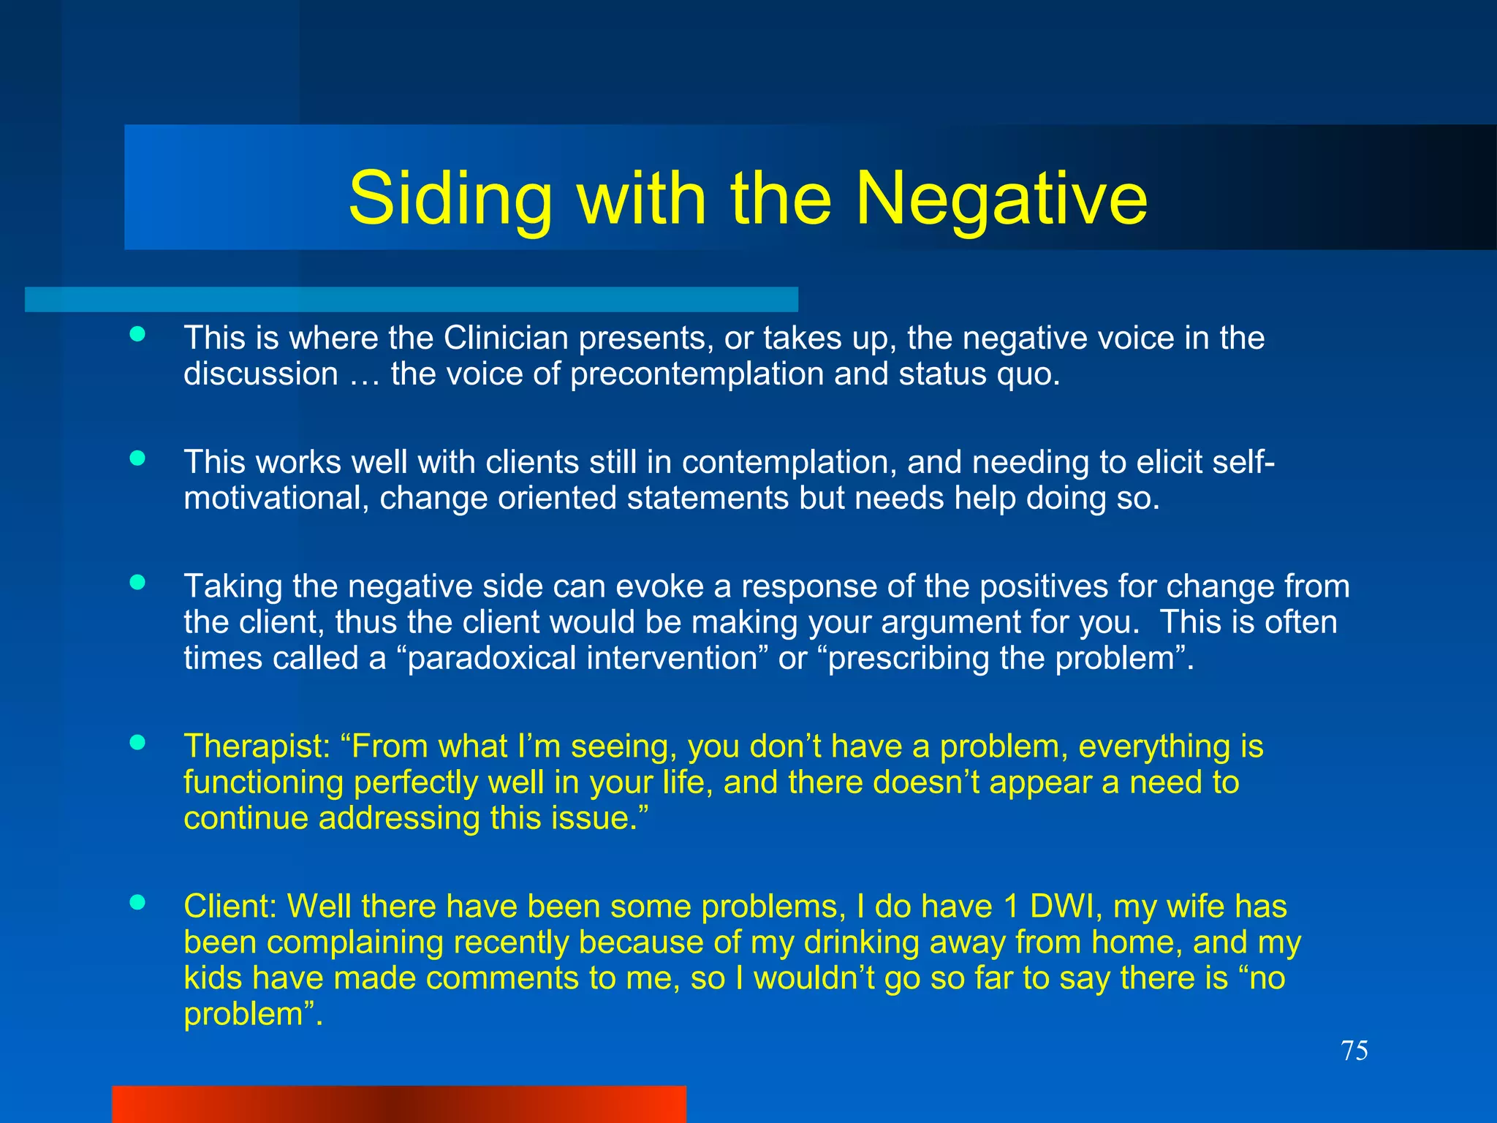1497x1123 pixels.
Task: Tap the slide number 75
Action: [x=1354, y=1051]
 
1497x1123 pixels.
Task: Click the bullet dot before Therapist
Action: [x=137, y=743]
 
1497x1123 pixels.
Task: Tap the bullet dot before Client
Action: [x=137, y=902]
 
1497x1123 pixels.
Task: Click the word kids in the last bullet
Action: [x=213, y=978]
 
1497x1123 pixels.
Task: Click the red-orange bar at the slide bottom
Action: [x=399, y=1104]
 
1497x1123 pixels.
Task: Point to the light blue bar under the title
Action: [x=411, y=300]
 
